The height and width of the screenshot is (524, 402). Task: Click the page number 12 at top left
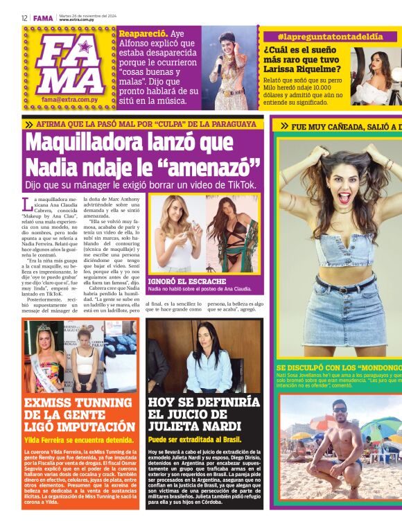[24, 18]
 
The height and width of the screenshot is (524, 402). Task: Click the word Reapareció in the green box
[142, 33]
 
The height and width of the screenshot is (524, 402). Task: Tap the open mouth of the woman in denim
[344, 198]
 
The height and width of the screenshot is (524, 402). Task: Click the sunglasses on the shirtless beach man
[339, 410]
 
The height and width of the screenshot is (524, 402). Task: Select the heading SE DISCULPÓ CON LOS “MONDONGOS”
[339, 368]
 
